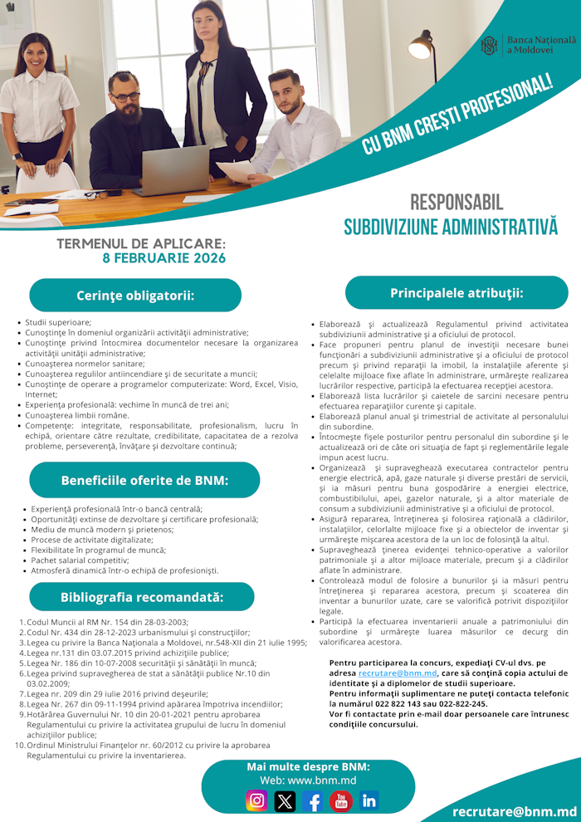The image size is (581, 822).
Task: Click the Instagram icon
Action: (257, 800)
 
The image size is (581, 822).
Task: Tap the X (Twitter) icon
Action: (285, 800)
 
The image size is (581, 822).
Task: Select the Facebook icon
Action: (313, 800)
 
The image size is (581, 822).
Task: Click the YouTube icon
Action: (341, 800)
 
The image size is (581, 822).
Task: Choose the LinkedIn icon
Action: (369, 800)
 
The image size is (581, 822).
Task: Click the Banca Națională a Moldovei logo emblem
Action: (490, 46)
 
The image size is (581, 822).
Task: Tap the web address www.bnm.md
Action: (308, 780)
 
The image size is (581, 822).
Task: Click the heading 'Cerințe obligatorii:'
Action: (135, 296)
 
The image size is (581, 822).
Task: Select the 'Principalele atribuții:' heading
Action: (456, 293)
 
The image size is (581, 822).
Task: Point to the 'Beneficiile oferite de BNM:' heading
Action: (144, 480)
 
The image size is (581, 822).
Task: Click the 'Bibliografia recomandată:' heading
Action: (142, 597)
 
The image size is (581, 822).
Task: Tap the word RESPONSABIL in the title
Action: (456, 202)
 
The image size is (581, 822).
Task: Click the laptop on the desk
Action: (175, 169)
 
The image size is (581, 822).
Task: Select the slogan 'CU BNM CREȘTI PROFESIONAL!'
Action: (457, 115)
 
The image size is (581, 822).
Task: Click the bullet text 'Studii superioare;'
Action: (58, 321)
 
